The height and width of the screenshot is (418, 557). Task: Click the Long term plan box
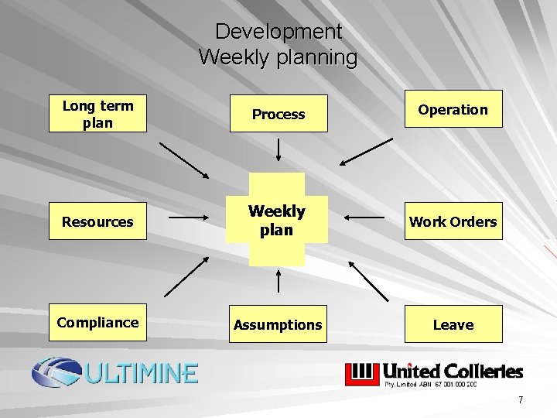pos(97,114)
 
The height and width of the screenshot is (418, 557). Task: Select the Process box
pos(278,114)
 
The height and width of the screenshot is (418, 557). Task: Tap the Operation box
pos(453,109)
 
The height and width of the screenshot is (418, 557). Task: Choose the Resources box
pos(97,221)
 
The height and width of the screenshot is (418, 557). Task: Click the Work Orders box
pos(453,221)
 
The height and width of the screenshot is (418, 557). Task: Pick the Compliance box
pos(97,323)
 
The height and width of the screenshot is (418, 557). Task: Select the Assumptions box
pos(278,324)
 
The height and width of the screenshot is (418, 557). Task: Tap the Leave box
pos(453,324)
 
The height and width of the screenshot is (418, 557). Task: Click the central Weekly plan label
pos(277,221)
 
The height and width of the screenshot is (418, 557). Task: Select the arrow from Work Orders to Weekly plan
pos(365,218)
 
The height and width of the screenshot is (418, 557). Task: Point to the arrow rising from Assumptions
pos(278,282)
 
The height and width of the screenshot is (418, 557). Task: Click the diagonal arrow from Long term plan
pos(184,160)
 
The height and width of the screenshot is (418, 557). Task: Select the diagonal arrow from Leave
pos(368,280)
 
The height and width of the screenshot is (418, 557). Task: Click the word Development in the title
pos(278,32)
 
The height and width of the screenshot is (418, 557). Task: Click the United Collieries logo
pos(433,373)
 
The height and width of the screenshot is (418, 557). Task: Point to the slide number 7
pos(521,400)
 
